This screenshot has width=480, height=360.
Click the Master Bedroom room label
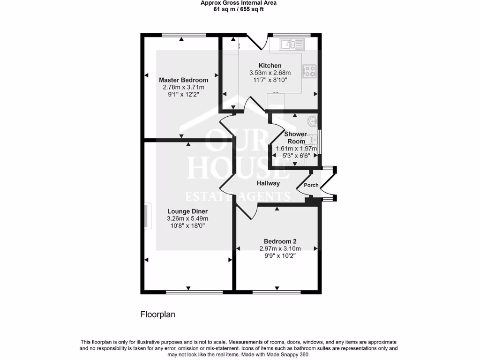tap(183, 80)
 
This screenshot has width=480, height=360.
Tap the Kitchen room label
tap(270, 66)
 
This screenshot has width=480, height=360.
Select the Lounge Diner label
tap(187, 211)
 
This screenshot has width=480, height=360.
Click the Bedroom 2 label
tap(280, 241)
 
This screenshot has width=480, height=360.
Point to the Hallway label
tap(268, 183)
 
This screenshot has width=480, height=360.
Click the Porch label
tap(311, 185)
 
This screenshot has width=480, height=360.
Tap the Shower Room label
tap(296, 137)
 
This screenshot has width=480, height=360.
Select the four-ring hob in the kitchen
tap(310, 71)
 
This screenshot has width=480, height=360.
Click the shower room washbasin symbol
tap(313, 122)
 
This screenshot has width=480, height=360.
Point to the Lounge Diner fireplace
tap(149, 217)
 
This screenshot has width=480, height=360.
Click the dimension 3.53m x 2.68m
tap(270, 73)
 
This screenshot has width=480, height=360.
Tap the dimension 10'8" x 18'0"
tap(187, 225)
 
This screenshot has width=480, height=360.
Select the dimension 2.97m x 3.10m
tap(280, 248)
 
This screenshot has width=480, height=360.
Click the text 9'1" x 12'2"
tap(183, 94)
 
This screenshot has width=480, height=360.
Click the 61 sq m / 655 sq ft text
tap(239, 9)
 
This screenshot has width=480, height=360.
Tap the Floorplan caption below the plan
tap(158, 315)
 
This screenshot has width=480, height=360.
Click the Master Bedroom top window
tap(183, 35)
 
